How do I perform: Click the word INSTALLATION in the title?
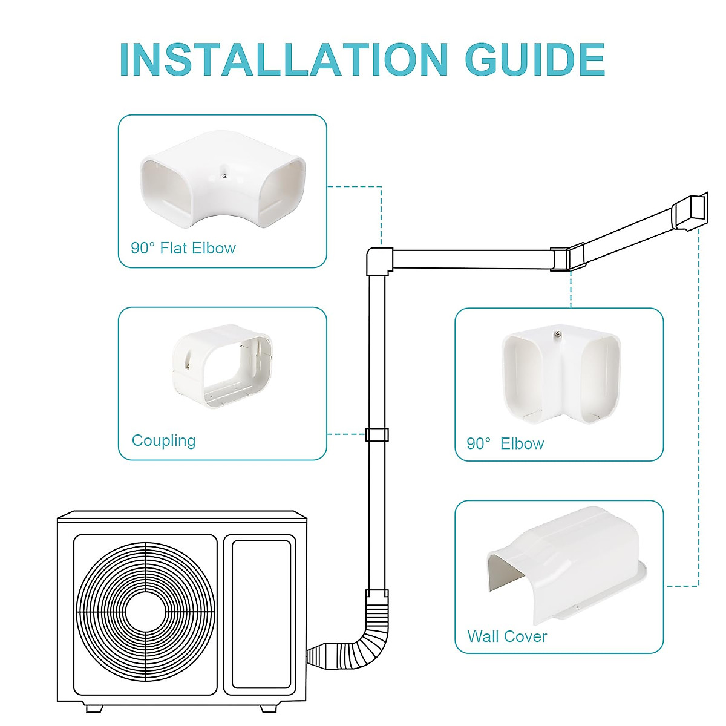pyautogui.click(x=283, y=59)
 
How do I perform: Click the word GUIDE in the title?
pyautogui.click(x=535, y=59)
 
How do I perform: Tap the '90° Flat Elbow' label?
pyautogui.click(x=183, y=248)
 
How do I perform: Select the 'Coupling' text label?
pyautogui.click(x=163, y=440)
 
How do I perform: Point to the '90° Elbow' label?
pyautogui.click(x=505, y=443)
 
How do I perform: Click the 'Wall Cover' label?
pyautogui.click(x=507, y=636)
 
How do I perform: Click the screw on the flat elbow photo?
pyautogui.click(x=224, y=176)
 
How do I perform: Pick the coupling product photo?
pyautogui.click(x=222, y=367)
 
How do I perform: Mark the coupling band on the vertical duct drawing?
pyautogui.click(x=377, y=434)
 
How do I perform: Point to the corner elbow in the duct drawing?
pyautogui.click(x=567, y=258)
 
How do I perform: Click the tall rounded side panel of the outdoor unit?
pyautogui.click(x=261, y=613)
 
